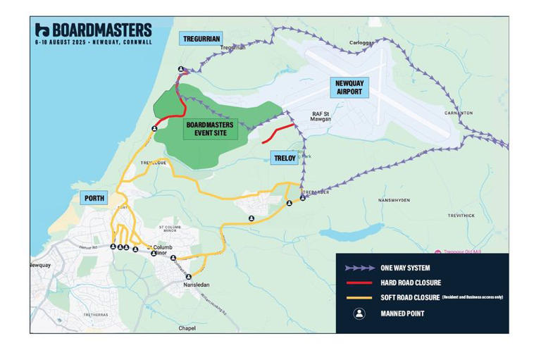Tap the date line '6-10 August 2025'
click(93, 42)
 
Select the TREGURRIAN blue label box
click(201, 38)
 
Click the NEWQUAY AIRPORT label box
click(349, 87)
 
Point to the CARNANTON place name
click(459, 113)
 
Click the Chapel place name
click(187, 328)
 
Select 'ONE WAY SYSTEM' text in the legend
click(406, 268)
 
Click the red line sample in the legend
click(359, 283)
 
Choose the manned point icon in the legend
click(359, 314)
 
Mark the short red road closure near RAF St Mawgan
click(278, 131)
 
